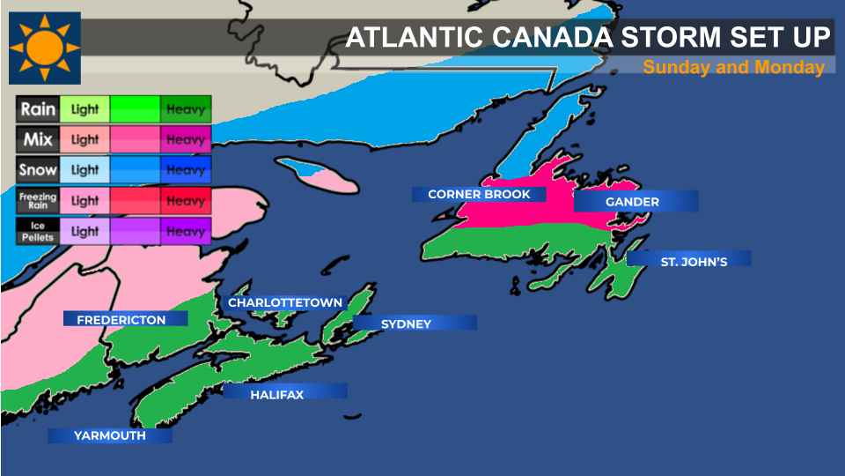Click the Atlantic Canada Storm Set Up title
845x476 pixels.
[x=588, y=38]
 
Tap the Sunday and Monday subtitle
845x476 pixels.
[x=733, y=67]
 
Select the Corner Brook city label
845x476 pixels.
[x=479, y=194]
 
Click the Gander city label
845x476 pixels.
[x=632, y=202]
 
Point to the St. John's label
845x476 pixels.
[x=694, y=261]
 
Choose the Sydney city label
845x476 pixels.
[x=406, y=324]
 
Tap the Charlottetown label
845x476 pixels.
[x=285, y=302]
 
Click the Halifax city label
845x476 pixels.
[x=276, y=395]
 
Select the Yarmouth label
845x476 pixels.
[x=109, y=435]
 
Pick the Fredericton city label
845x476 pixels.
[x=121, y=319]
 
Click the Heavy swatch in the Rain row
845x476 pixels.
[x=186, y=110]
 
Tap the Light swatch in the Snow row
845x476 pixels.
[x=85, y=170]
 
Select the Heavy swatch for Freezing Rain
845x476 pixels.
[x=186, y=201]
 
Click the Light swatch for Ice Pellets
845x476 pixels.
[x=85, y=232]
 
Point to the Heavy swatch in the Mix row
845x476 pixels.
[x=186, y=140]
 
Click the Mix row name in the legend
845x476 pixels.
[x=38, y=140]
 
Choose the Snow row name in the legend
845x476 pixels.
[x=38, y=170]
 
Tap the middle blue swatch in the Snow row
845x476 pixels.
[x=135, y=170]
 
